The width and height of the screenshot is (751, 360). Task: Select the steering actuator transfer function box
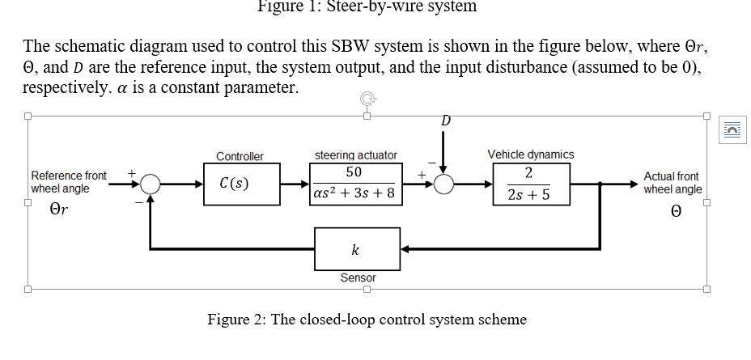click(x=355, y=184)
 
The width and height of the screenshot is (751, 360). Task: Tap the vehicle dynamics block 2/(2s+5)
click(x=528, y=184)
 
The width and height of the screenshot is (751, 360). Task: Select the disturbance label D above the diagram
click(x=445, y=121)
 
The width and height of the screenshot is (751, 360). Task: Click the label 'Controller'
click(x=240, y=156)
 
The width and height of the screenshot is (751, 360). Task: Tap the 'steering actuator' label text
click(x=355, y=155)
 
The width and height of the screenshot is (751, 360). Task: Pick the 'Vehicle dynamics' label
click(x=531, y=154)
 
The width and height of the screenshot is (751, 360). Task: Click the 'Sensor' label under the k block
click(x=358, y=278)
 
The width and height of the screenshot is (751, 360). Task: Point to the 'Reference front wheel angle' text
click(x=67, y=182)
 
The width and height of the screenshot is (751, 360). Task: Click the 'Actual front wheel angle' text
click(x=673, y=183)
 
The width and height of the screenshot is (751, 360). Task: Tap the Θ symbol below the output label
click(x=673, y=211)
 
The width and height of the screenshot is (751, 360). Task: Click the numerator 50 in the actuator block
click(x=354, y=172)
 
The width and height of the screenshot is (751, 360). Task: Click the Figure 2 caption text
click(x=367, y=320)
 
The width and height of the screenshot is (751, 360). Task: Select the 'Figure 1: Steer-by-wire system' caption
click(x=367, y=6)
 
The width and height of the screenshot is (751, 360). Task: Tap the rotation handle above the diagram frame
click(x=367, y=100)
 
